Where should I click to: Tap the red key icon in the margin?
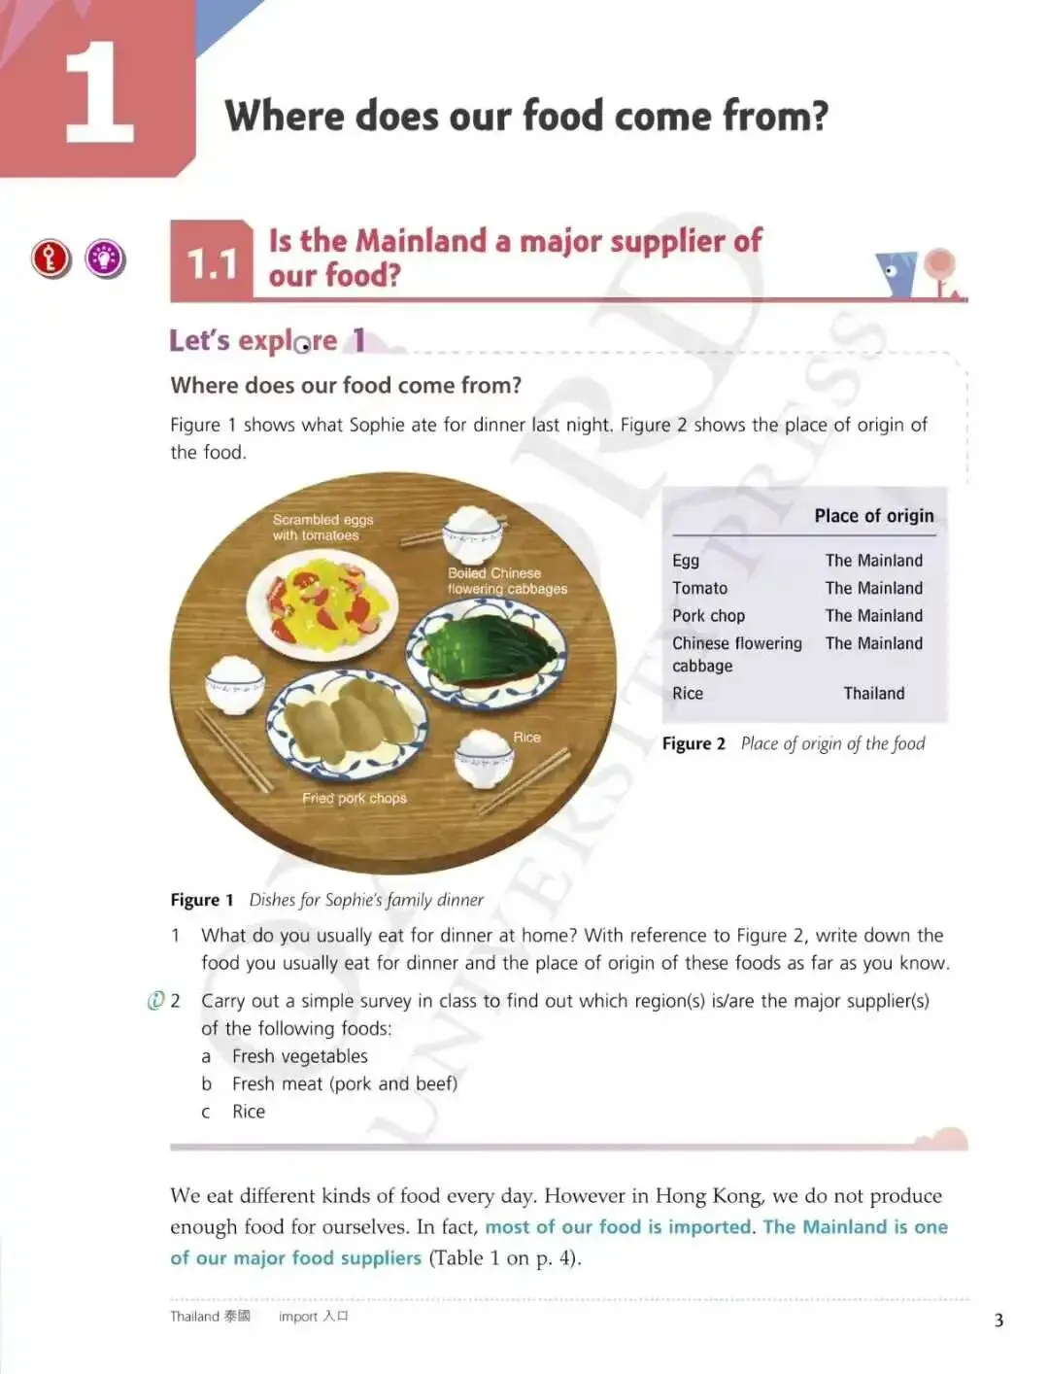click(51, 258)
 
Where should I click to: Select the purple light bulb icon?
click(105, 258)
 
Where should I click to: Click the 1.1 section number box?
click(212, 261)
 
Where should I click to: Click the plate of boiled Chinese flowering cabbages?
click(487, 653)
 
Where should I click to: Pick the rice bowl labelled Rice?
click(483, 759)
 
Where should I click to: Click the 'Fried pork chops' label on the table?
click(355, 798)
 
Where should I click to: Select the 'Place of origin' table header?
click(874, 516)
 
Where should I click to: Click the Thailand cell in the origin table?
click(874, 693)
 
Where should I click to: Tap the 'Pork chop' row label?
click(708, 616)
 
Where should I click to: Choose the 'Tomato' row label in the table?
click(699, 588)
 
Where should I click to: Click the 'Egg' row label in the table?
click(686, 561)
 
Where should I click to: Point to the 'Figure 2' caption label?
click(694, 743)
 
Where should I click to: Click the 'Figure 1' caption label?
click(201, 900)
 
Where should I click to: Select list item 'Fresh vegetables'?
click(299, 1056)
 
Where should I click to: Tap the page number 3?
click(998, 1321)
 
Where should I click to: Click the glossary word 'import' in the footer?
click(298, 1317)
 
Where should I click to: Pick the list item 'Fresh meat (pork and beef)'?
click(345, 1083)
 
